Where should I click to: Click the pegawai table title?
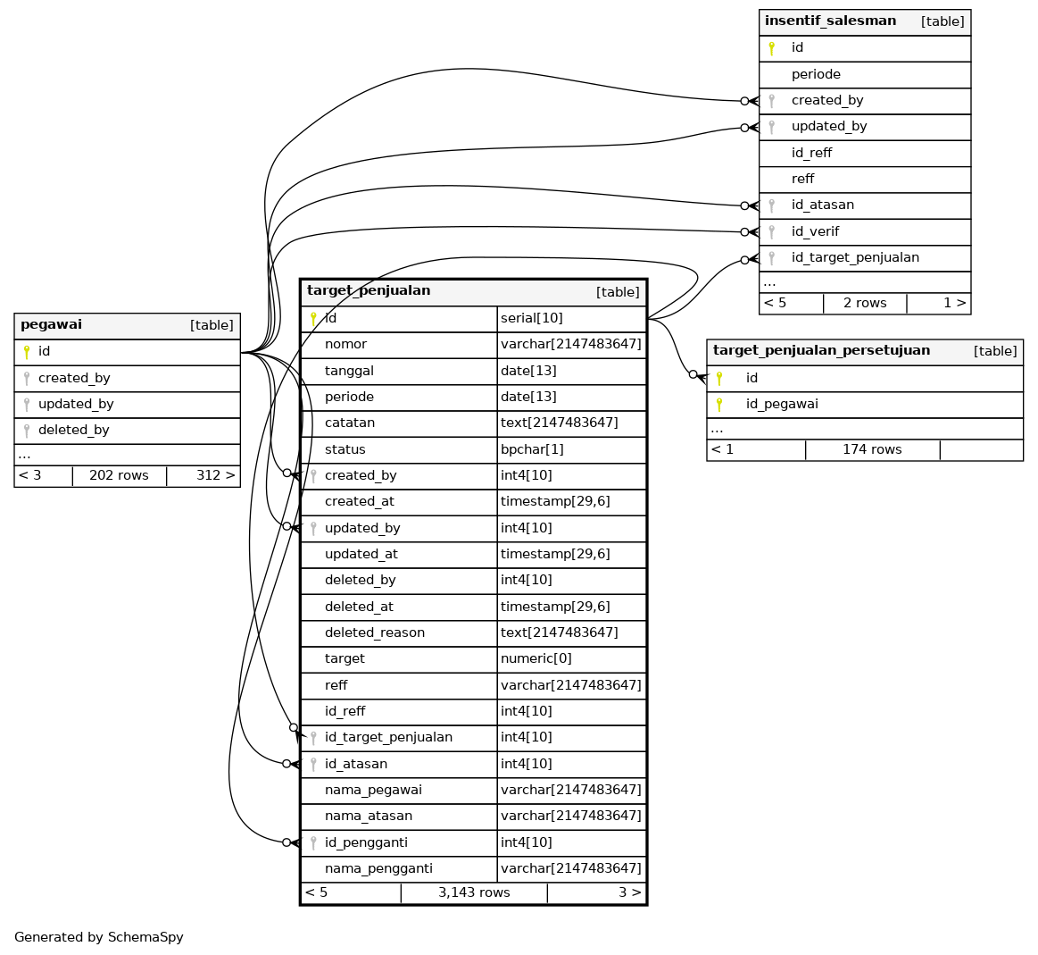pos(51,325)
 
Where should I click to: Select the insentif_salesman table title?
pos(830,21)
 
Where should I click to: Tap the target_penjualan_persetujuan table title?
pos(821,351)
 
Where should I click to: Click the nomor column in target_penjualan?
pos(345,345)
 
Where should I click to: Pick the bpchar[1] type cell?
pos(532,449)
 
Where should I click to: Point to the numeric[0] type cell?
pos(536,659)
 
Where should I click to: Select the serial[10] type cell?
pos(532,319)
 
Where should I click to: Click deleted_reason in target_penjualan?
pos(374,633)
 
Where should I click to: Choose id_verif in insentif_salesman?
pos(815,232)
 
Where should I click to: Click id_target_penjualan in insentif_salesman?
pos(854,258)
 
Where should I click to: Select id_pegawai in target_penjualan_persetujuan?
pos(782,405)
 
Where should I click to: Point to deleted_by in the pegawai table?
pos(73,431)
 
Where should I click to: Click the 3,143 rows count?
pos(474,892)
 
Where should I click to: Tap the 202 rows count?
pos(119,475)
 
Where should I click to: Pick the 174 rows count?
pos(872,449)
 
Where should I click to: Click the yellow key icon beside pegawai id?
pos(27,352)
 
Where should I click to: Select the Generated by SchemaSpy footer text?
pos(99,938)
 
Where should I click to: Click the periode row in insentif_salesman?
pos(816,75)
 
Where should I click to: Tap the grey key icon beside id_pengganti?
pos(313,842)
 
